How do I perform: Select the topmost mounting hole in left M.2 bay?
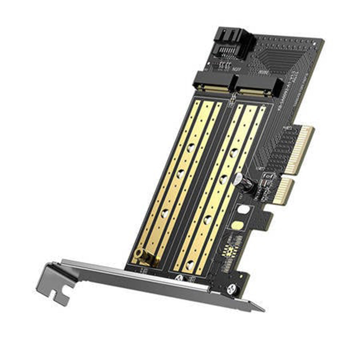coord(191,147)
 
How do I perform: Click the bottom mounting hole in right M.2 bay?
coord(189,265)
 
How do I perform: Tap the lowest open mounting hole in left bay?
coord(165,213)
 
